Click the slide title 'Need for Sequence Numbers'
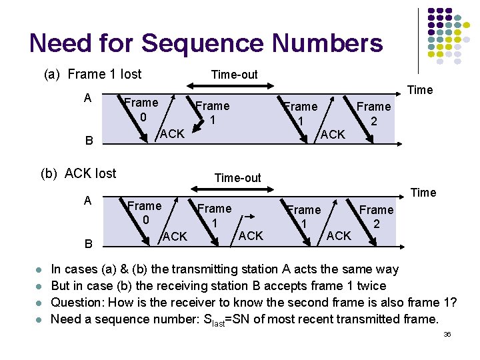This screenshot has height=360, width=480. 206,43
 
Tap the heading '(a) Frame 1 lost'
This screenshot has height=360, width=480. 93,74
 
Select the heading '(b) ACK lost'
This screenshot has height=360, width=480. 79,174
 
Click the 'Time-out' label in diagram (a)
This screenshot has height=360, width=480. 234,74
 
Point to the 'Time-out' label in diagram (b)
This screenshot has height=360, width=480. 237,177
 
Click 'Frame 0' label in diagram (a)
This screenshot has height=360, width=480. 141,110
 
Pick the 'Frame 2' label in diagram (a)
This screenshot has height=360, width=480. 373,114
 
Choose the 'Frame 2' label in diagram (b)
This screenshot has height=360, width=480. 377,217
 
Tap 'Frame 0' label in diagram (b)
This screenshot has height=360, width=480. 144,213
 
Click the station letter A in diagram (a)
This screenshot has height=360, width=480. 87,98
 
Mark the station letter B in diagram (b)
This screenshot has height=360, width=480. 88,244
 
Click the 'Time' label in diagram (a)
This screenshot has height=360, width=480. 420,90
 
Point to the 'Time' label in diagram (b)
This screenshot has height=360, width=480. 423,193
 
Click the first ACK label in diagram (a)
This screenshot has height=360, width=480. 172,134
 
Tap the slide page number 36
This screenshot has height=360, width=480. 447,333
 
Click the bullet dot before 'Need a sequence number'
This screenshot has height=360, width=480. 40,319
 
